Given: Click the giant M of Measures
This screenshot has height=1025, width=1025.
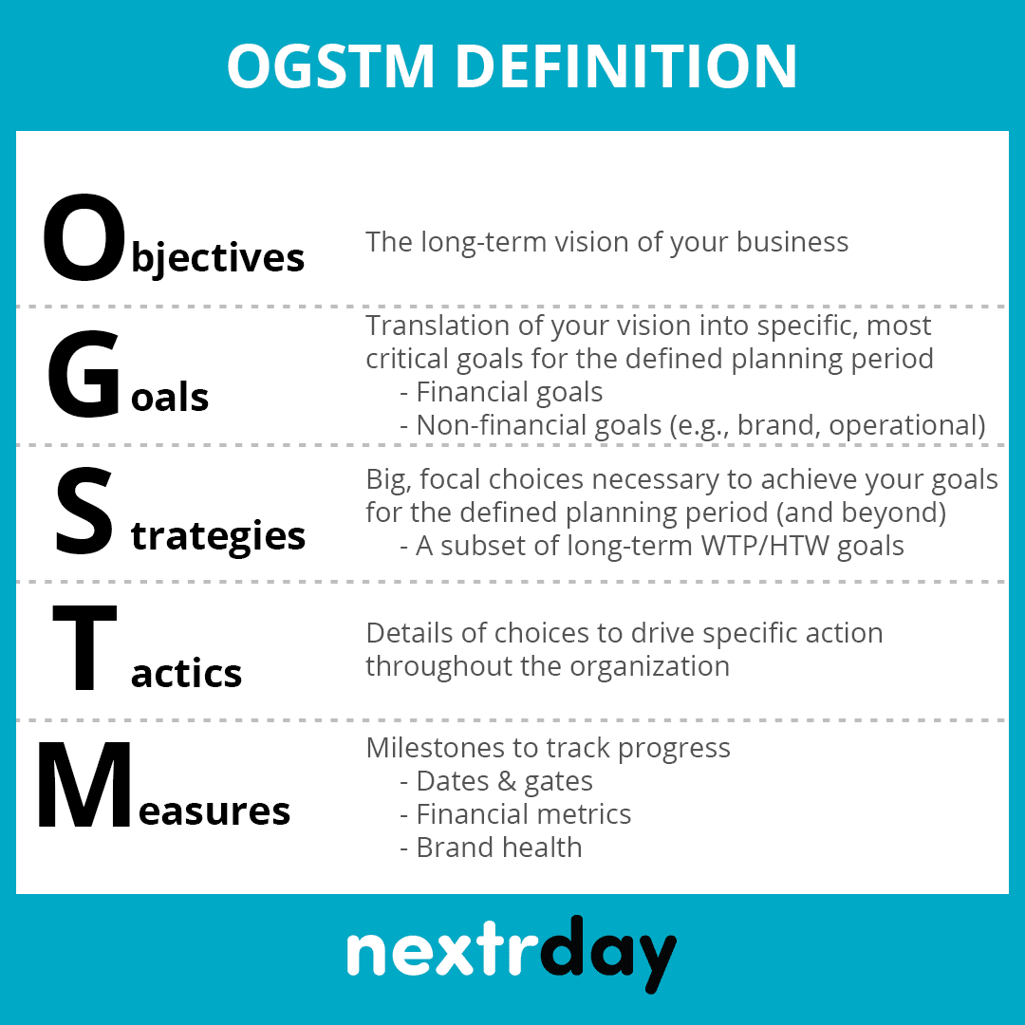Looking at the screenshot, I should click(x=84, y=788).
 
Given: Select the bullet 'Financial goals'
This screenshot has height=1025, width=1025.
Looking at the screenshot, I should click(x=509, y=392).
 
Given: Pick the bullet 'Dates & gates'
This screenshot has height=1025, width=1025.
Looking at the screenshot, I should click(x=504, y=781).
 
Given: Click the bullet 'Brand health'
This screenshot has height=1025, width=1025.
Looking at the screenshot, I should click(x=498, y=847).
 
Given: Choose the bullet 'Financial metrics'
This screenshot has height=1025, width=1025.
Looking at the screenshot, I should click(x=523, y=814).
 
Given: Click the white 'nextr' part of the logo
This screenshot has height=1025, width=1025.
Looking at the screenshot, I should click(x=440, y=950).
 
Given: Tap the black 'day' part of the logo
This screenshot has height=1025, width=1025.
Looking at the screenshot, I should click(x=607, y=950).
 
